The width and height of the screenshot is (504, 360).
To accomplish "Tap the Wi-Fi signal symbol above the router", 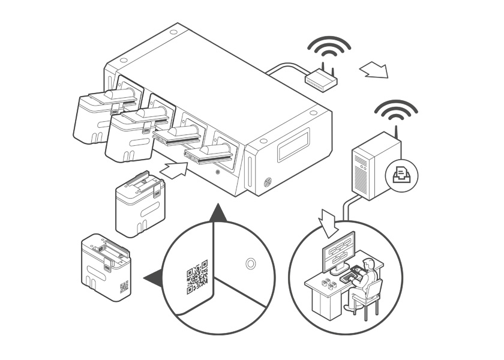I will [328, 47].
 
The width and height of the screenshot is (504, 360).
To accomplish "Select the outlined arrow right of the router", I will [374, 70].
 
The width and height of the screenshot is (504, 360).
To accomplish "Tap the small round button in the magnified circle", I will [251, 263].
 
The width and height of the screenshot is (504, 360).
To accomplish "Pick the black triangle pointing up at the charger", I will [220, 213].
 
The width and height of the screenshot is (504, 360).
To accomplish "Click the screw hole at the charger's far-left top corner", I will [122, 61].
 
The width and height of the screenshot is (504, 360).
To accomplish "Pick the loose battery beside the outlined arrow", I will [139, 204].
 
